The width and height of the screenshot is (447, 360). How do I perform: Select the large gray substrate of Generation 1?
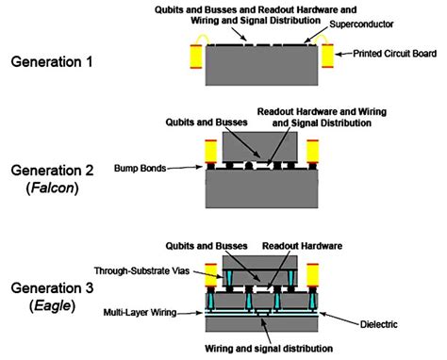(x=263, y=67)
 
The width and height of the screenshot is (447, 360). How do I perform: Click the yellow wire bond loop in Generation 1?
(x=200, y=39)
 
